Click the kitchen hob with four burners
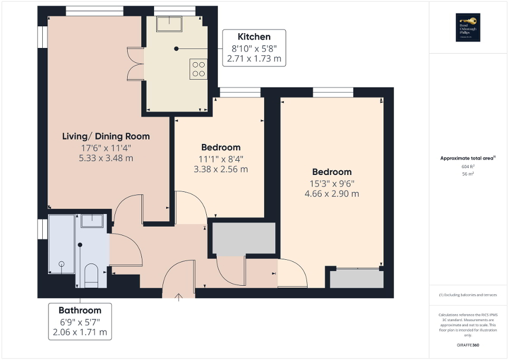point(199,69)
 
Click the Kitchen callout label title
point(254,37)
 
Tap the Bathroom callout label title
point(80,310)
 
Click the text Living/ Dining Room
point(106,136)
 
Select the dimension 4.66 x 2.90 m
point(331,193)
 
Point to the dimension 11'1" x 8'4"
point(220,159)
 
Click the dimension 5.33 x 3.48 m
point(105,158)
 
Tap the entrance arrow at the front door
point(178,297)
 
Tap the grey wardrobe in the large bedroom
point(357,279)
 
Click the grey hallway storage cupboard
point(244,238)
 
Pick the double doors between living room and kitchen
point(136,63)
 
